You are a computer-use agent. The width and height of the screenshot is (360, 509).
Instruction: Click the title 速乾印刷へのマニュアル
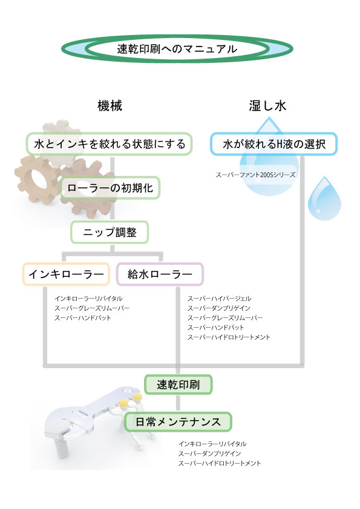pos(177,49)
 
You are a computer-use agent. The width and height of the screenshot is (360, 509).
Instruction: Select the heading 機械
pos(110,106)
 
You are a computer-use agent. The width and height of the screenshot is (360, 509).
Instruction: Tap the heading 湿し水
pos(267,106)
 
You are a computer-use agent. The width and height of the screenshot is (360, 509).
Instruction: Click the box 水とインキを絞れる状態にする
pos(109,144)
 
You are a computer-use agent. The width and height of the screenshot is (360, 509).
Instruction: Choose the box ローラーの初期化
pos(110,187)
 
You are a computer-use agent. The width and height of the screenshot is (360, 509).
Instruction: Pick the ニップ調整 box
pos(110,232)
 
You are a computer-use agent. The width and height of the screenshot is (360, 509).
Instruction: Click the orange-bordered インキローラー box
pos(66,274)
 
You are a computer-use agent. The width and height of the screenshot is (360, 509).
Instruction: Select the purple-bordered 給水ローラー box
pos(160,274)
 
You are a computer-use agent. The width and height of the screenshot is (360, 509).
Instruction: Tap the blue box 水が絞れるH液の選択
pos(274,144)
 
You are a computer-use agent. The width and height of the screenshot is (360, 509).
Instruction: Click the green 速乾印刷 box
pos(178,384)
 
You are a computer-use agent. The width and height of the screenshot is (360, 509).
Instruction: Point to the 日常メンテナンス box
pos(178,422)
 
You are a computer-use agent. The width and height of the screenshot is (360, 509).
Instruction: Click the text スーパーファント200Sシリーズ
pos(256,175)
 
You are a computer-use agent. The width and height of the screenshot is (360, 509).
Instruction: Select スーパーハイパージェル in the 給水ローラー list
pos(219,298)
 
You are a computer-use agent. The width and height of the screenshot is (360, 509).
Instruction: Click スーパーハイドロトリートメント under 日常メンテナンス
pos(219,463)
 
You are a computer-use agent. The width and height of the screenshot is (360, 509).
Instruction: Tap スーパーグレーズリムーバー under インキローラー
pos(92,308)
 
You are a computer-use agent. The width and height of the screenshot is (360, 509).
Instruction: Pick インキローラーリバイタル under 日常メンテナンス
pos(212,444)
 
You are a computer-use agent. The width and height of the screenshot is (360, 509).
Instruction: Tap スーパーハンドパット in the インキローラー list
pos(83,318)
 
